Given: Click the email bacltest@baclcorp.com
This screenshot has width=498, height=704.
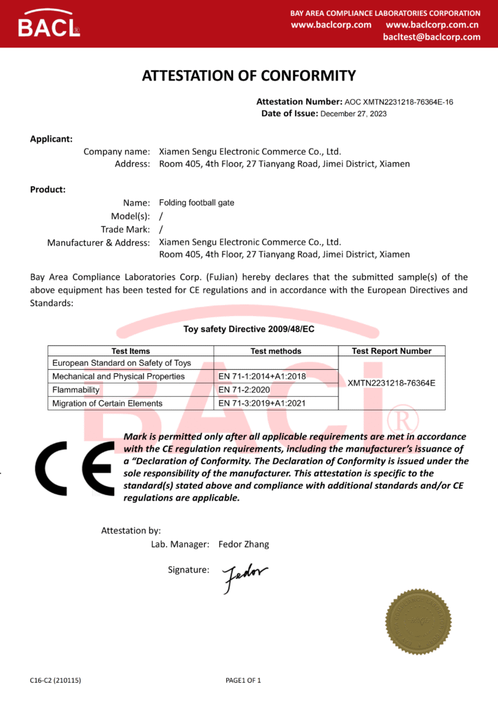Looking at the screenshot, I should tap(431, 37).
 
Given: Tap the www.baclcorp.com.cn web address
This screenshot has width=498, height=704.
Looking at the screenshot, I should tap(437, 25).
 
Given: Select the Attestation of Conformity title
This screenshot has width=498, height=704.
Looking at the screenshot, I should tap(248, 76).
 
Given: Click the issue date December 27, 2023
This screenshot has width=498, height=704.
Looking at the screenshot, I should tap(354, 113).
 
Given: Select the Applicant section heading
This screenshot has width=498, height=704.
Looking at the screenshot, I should tap(51, 139).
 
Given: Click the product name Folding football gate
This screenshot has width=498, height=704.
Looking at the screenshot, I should tap(197, 203).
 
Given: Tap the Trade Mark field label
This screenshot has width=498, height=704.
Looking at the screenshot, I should tap(125, 230).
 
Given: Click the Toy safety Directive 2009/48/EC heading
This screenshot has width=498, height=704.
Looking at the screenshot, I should tap(248, 329).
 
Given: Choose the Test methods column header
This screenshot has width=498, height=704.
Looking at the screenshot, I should tap(276, 351).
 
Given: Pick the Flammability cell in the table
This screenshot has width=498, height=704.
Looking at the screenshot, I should tap(76, 390).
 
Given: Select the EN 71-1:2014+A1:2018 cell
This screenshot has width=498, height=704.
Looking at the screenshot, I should tap(262, 377).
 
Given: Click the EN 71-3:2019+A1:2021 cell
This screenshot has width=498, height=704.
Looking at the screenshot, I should tap(262, 404).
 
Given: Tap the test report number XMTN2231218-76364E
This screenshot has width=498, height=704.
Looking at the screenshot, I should tap(391, 383).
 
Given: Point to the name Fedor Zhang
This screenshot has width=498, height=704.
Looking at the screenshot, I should tap(243, 544).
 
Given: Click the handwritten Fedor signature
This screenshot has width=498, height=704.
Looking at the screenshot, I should tap(244, 577).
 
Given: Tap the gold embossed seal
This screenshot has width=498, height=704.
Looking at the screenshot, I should tap(418, 621).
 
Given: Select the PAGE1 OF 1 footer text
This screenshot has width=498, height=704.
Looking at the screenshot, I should tap(243, 681).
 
